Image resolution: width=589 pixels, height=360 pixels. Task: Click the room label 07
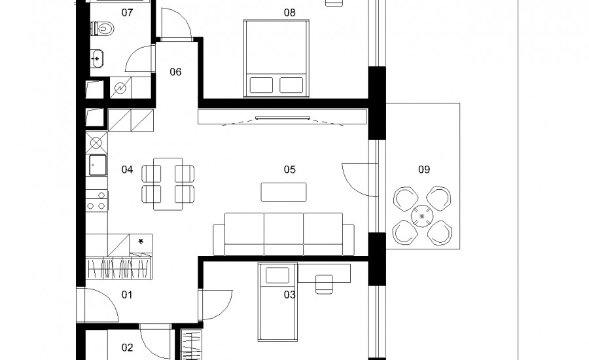tap(127, 13)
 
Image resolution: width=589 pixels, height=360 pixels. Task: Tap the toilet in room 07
tap(103, 29)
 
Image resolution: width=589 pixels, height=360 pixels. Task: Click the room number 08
tap(290, 13)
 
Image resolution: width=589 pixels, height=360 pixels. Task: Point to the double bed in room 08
tap(276, 58)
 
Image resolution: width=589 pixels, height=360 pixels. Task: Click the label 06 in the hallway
tap(175, 72)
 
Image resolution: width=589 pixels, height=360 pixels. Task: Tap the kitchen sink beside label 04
tap(98, 166)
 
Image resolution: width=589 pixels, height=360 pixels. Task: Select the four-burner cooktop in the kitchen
tap(97, 201)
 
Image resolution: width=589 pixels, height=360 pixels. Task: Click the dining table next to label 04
tap(168, 184)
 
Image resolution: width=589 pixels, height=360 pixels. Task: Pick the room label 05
tap(290, 170)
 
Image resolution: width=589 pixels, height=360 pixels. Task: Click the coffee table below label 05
tap(283, 192)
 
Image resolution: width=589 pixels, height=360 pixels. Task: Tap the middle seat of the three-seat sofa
tap(283, 234)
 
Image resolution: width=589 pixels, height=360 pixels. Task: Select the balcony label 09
tap(424, 170)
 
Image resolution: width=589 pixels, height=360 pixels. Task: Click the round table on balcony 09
tap(422, 216)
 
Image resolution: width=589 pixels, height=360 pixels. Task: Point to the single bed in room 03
tap(277, 302)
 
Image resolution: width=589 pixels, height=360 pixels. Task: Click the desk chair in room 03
tap(324, 284)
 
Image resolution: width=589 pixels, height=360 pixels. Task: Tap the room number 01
tap(127, 295)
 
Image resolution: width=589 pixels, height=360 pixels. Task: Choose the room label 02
tap(127, 348)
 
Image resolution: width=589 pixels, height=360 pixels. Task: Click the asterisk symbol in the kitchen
tap(141, 242)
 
